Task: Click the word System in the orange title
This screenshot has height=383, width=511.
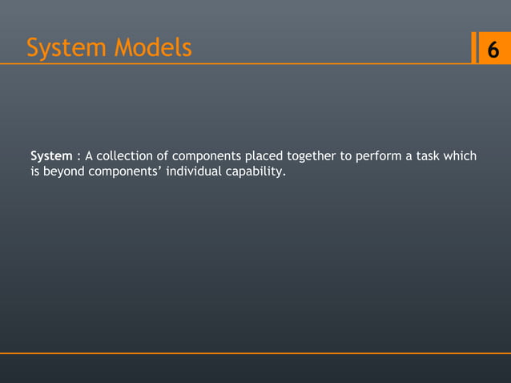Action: [66, 49]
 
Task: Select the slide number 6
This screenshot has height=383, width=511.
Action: [493, 50]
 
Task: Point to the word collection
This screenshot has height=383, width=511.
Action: [131, 155]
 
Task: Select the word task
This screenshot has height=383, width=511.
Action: [430, 155]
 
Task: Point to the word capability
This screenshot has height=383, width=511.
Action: [254, 171]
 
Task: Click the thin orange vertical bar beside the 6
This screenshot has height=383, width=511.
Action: [474, 48]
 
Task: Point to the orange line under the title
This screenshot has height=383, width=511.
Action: [240, 63]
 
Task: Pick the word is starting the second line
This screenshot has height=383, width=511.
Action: [34, 171]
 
